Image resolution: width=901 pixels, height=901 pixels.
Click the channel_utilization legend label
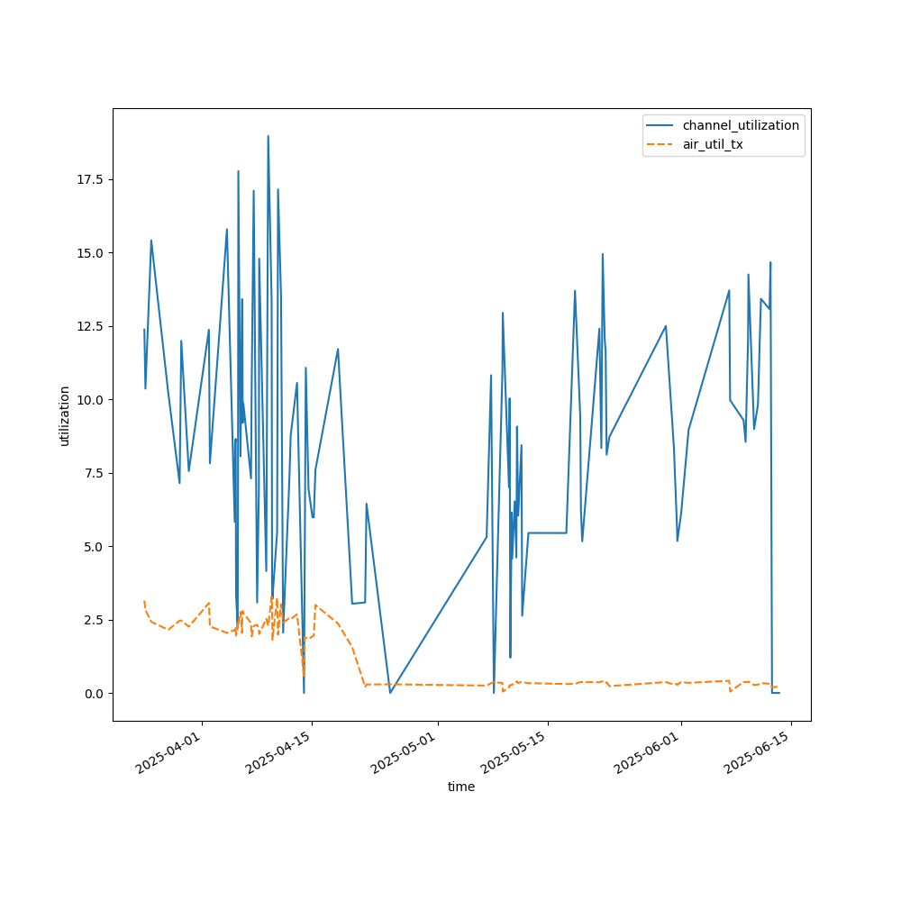click(x=741, y=125)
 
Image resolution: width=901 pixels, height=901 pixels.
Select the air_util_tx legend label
click(x=713, y=144)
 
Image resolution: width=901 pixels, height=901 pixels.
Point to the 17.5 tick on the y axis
click(x=90, y=179)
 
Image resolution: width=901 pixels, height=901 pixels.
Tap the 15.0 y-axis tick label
click(x=90, y=253)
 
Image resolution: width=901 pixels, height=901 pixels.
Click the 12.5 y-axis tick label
click(x=90, y=326)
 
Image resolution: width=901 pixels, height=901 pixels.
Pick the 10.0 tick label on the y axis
click(x=90, y=400)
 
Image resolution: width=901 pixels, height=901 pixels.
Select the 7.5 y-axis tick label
click(x=94, y=473)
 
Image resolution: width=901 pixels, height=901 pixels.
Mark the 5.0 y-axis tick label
click(x=94, y=547)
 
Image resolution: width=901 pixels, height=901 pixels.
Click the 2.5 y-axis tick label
click(x=94, y=620)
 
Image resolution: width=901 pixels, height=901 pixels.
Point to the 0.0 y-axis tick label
click(x=94, y=694)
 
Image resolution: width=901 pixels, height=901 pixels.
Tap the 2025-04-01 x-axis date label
click(x=168, y=755)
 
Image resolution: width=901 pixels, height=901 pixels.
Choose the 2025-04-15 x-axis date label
click(x=278, y=755)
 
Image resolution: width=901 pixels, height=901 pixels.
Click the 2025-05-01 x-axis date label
click(x=404, y=755)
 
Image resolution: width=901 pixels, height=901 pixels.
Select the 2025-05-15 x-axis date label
click(x=514, y=755)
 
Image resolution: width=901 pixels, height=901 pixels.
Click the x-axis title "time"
click(x=461, y=787)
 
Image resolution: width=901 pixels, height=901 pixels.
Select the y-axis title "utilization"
click(x=64, y=415)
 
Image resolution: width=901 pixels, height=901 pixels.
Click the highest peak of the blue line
click(x=268, y=136)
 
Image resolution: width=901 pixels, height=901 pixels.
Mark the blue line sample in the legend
click(x=661, y=125)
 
